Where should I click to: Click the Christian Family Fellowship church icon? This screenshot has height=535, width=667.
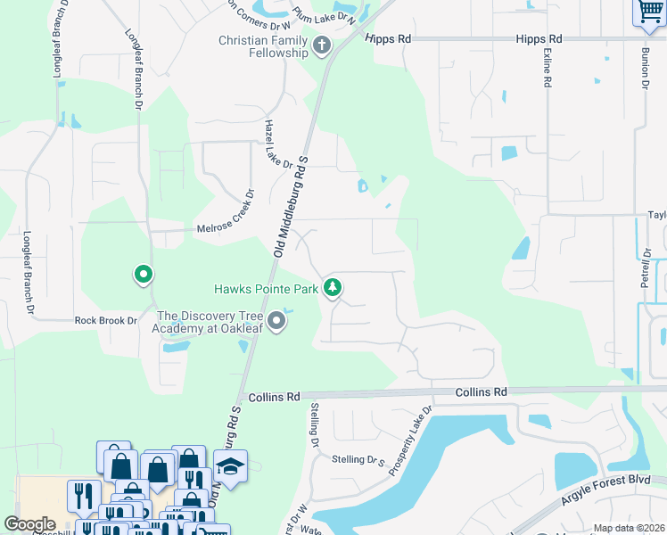(x=322, y=44)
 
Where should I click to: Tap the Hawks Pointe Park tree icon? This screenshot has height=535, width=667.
(x=333, y=287)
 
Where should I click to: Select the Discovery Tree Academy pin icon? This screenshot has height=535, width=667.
(x=276, y=321)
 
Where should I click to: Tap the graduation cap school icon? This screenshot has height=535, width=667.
(x=230, y=468)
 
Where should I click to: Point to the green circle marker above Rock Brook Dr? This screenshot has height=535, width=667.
(x=143, y=275)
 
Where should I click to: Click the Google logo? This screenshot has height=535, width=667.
(x=29, y=524)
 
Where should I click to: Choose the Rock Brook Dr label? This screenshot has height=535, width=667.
(x=106, y=320)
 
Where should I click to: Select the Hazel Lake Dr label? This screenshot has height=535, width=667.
(x=277, y=145)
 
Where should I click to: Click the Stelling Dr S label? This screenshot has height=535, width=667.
(x=357, y=460)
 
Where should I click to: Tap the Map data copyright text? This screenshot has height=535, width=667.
(x=628, y=528)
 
